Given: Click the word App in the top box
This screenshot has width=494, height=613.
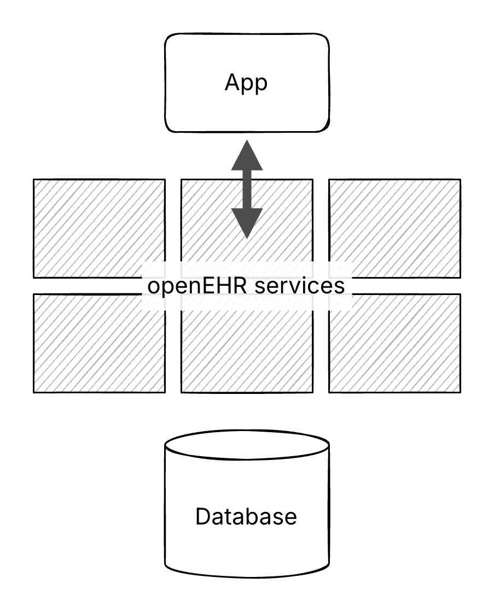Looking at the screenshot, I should (246, 83).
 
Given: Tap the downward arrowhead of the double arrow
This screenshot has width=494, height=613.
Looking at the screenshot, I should (247, 223).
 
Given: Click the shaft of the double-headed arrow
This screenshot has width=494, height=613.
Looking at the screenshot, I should (247, 189).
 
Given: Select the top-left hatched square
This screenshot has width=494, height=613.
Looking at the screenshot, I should (99, 228).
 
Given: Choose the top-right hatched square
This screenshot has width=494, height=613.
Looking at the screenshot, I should (394, 228).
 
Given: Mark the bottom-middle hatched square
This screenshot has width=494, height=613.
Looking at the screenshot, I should (247, 350).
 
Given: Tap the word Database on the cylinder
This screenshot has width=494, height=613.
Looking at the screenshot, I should (246, 516).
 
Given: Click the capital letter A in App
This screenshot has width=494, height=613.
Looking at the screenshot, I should (233, 83).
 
